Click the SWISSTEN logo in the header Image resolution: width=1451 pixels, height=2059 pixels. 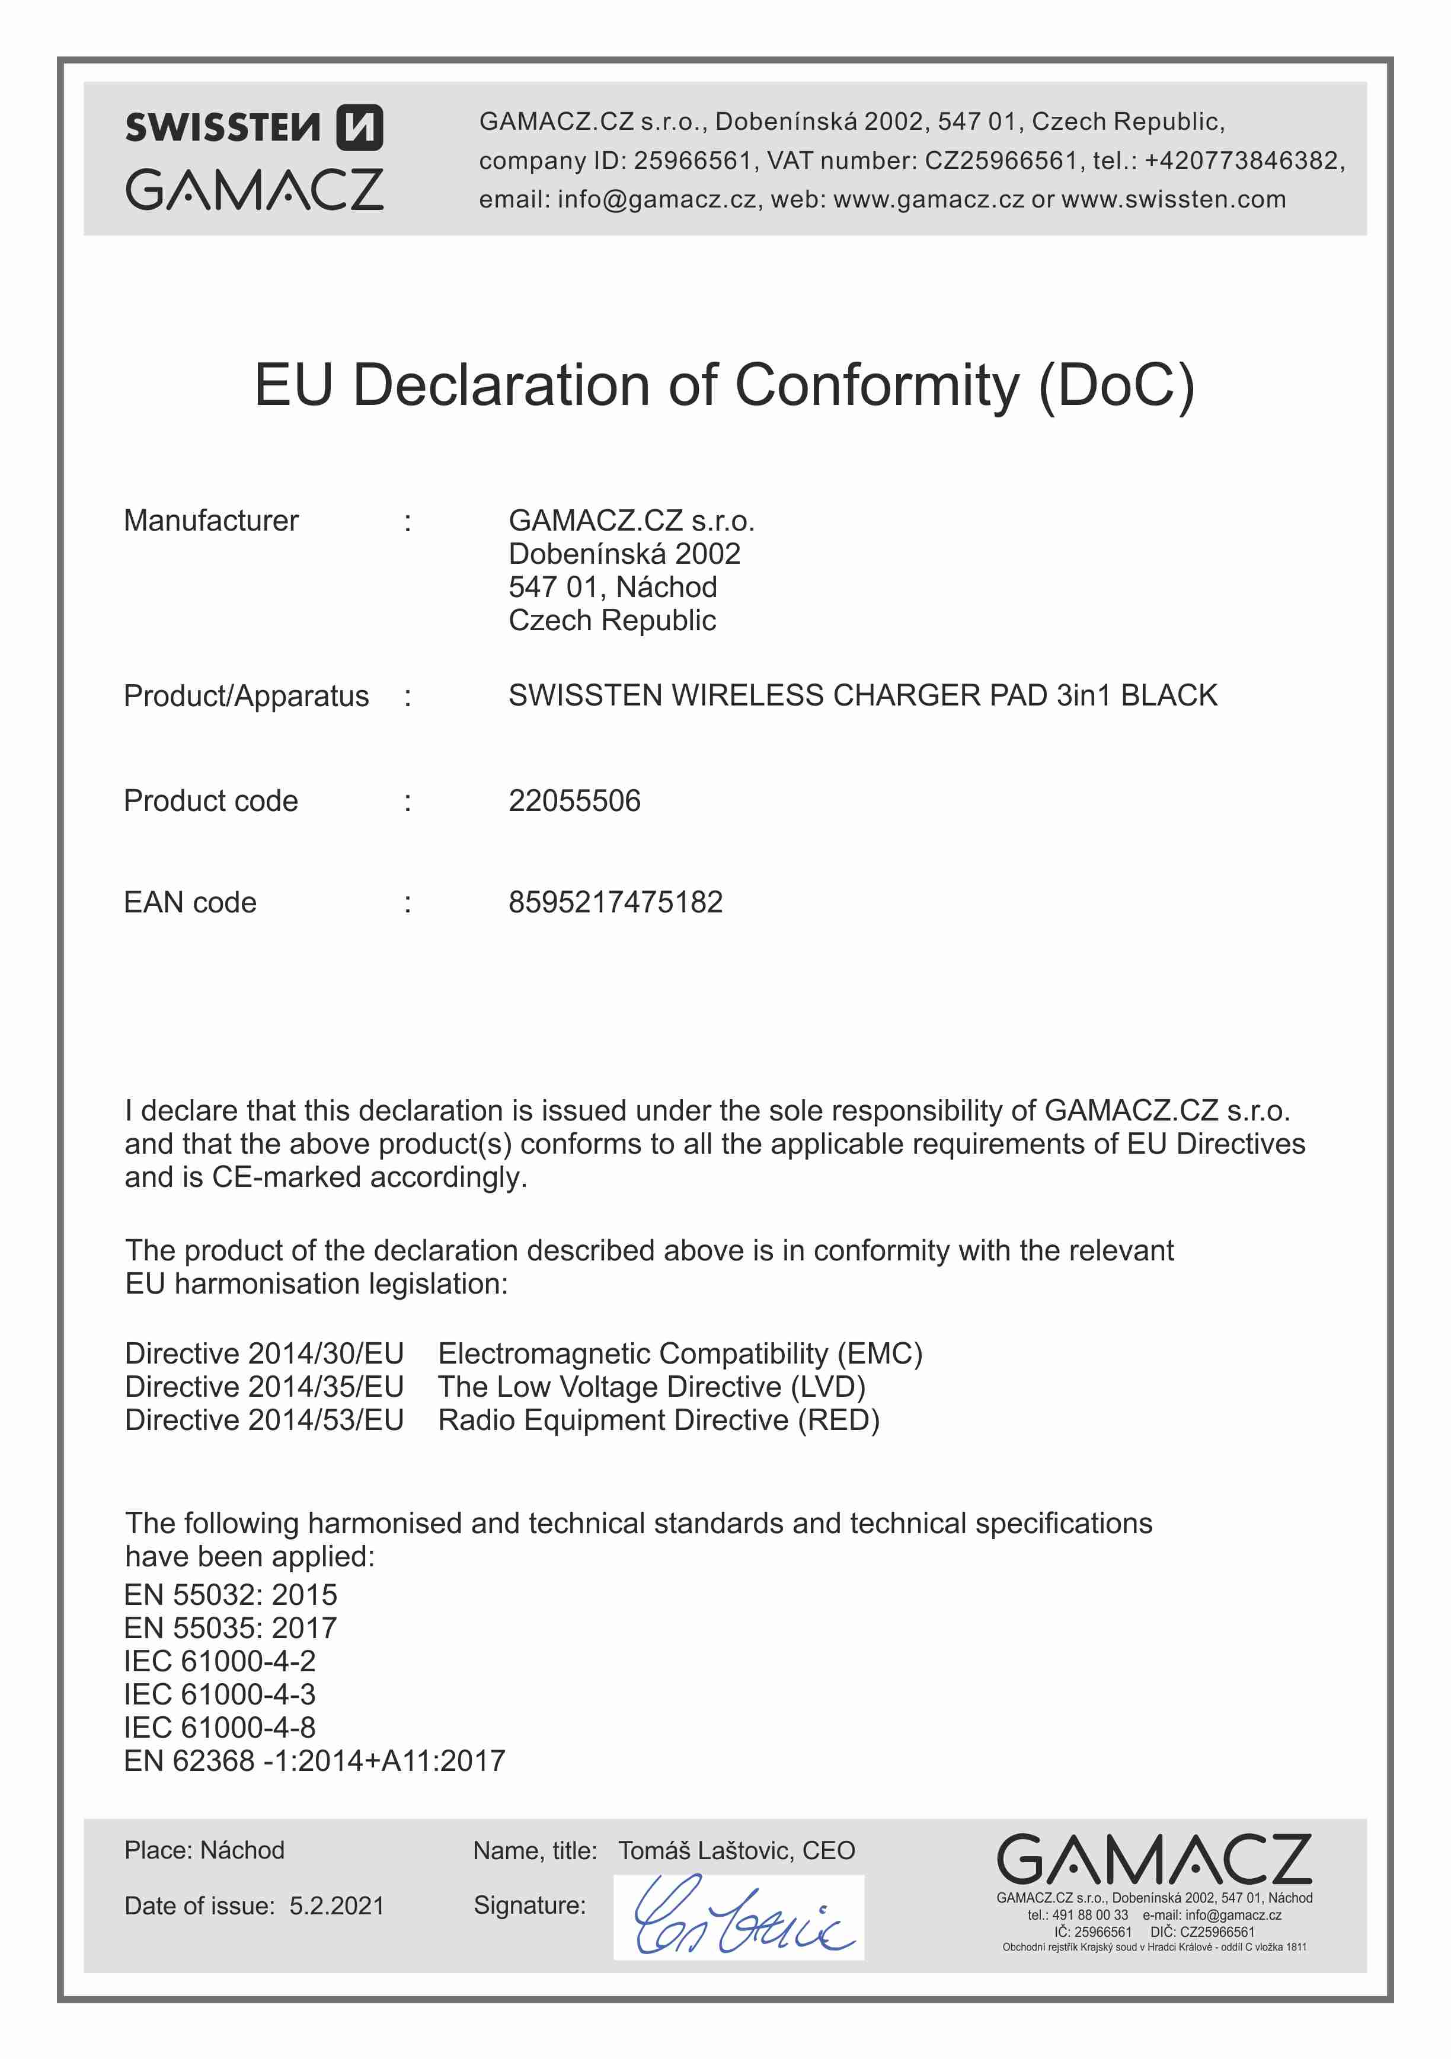(254, 127)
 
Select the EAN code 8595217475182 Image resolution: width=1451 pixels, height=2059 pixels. (615, 902)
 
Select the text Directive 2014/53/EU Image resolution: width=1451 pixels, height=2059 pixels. (264, 1420)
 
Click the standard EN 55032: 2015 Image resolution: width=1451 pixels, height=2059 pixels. (231, 1594)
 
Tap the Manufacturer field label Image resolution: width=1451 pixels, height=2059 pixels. (211, 521)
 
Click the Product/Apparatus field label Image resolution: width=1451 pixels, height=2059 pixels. (246, 696)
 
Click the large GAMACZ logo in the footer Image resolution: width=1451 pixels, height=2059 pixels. (1153, 1860)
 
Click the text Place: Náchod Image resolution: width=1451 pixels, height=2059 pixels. (204, 1850)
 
